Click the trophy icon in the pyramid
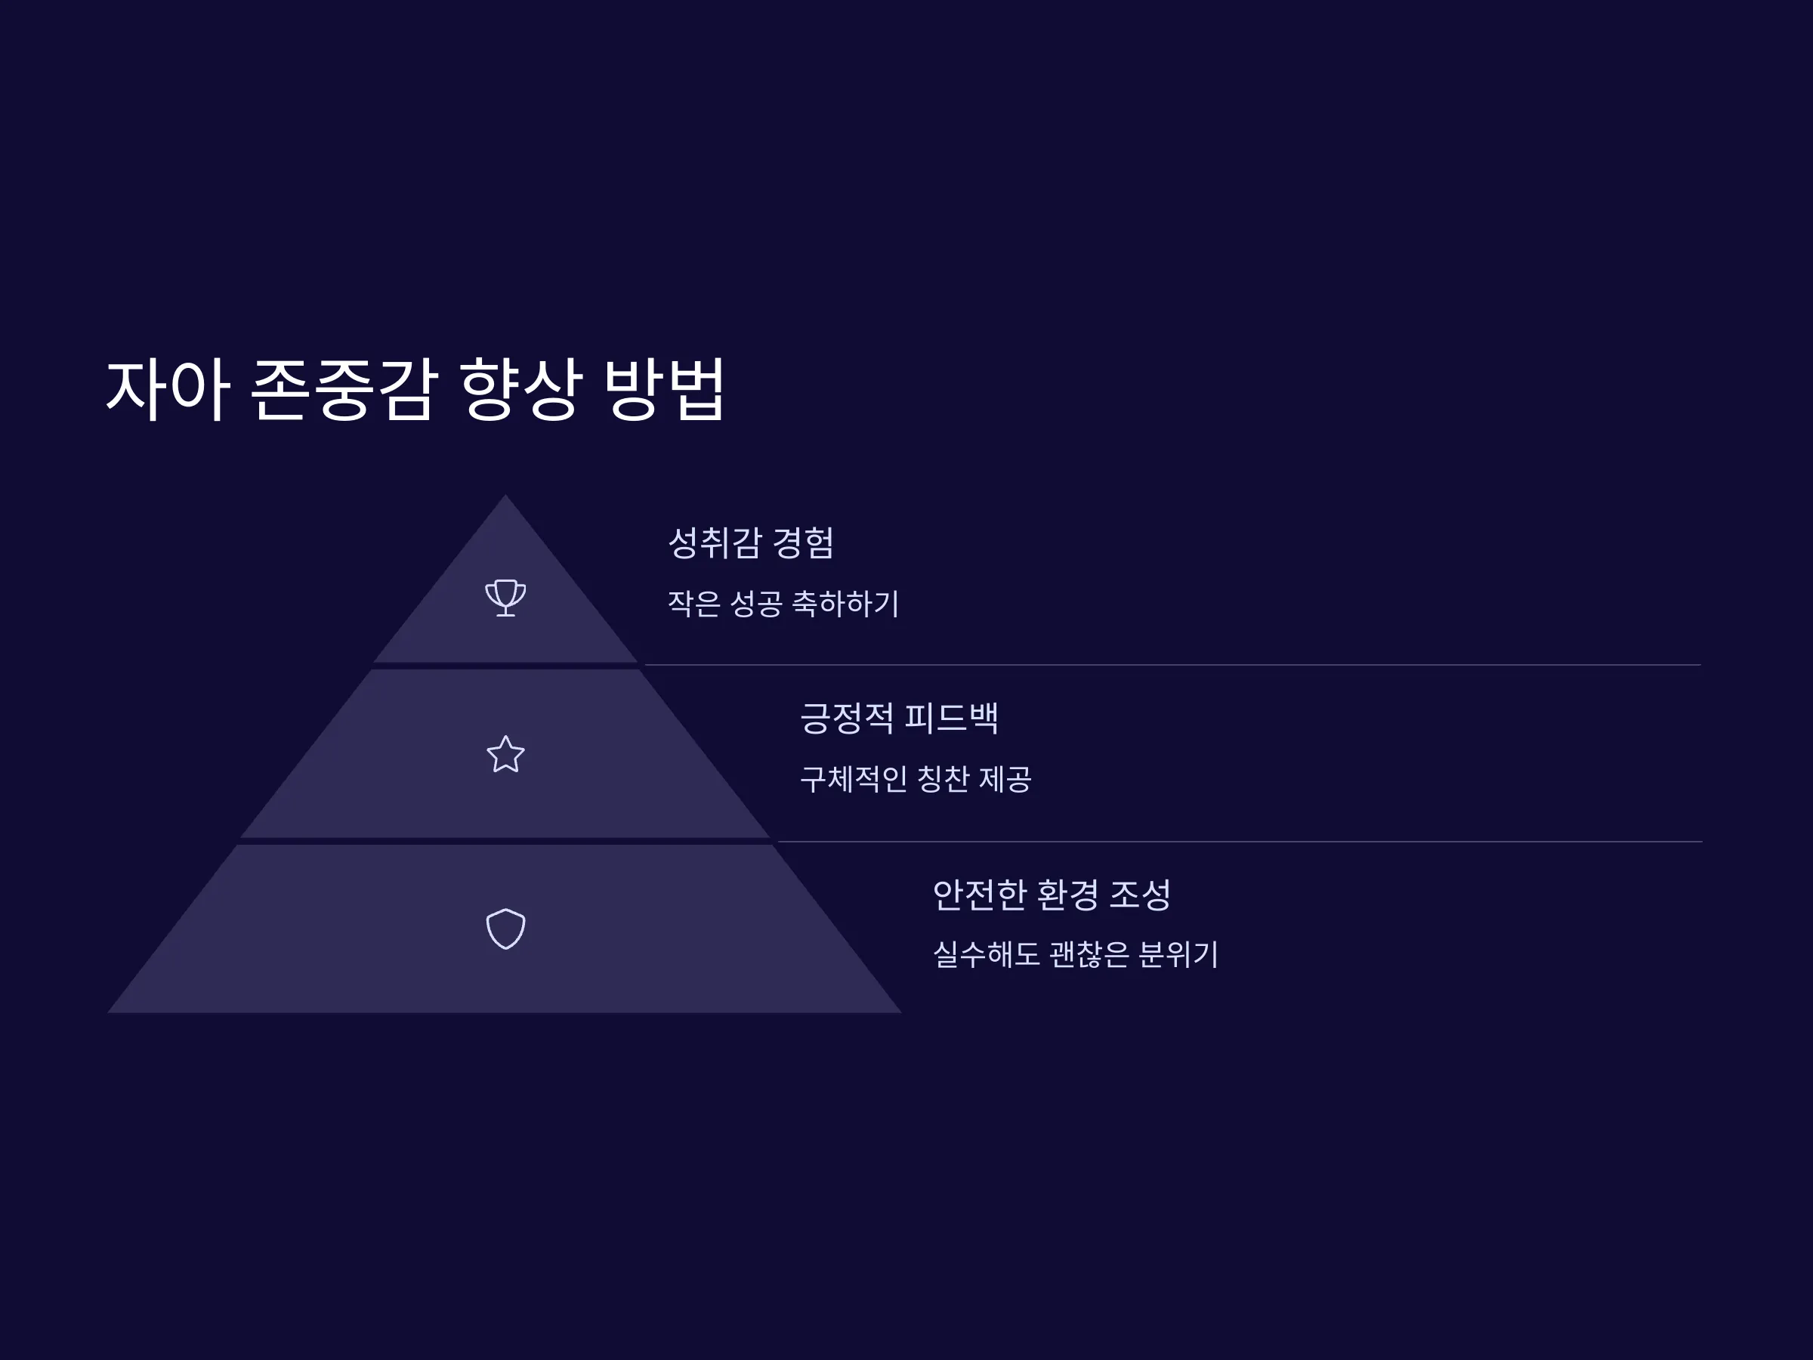[505, 597]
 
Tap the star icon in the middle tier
[505, 754]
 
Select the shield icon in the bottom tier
[505, 929]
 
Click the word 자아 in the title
[168, 389]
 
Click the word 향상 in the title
[521, 389]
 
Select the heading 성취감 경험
[751, 542]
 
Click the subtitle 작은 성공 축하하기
[783, 604]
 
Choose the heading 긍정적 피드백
[899, 718]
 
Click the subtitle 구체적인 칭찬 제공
[916, 779]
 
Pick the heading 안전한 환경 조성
[1052, 895]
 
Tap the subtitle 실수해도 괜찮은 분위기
[1076, 954]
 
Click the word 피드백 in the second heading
[952, 718]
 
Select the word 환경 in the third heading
[1067, 895]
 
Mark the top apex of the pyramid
[505, 494]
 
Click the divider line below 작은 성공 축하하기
[1173, 665]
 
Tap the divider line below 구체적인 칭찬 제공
[1240, 841]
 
